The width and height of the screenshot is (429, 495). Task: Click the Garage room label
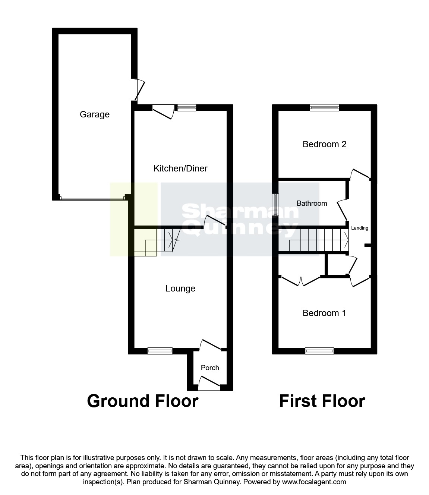pyautogui.click(x=95, y=114)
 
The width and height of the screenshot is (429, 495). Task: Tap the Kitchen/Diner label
pyautogui.click(x=180, y=168)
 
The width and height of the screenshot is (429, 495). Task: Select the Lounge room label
pyautogui.click(x=180, y=289)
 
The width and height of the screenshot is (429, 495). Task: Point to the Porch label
pyautogui.click(x=210, y=368)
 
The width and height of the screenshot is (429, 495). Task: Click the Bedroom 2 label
pyautogui.click(x=324, y=144)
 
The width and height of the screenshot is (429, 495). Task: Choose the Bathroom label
pyautogui.click(x=312, y=204)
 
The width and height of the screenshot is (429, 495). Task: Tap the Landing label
pyautogui.click(x=360, y=228)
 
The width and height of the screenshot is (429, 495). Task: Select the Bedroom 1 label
pyautogui.click(x=324, y=313)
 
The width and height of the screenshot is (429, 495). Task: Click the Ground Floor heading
pyautogui.click(x=142, y=401)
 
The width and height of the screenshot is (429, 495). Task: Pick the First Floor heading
pyautogui.click(x=322, y=401)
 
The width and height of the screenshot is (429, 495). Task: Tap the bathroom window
pyautogui.click(x=275, y=204)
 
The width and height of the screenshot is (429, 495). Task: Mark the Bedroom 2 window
pyautogui.click(x=325, y=108)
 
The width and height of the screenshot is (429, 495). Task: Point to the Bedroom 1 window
pyautogui.click(x=319, y=350)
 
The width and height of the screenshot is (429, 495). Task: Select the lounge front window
pyautogui.click(x=160, y=350)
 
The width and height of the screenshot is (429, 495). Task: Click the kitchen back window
pyautogui.click(x=187, y=108)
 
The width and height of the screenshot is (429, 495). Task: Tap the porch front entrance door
pyautogui.click(x=209, y=384)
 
